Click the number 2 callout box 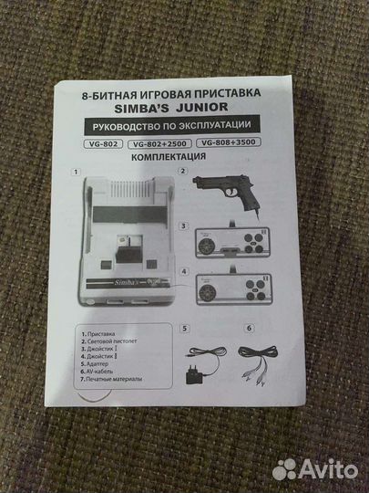coord(183,171)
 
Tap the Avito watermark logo coord(315,467)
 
